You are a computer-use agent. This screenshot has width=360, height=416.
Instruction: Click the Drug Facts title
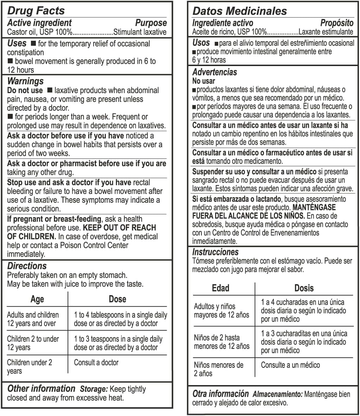click(x=36, y=11)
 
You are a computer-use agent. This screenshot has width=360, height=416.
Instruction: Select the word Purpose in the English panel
click(x=151, y=23)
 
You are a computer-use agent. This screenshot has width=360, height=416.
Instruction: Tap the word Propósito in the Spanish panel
click(x=336, y=23)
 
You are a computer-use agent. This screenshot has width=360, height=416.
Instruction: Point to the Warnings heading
click(x=25, y=81)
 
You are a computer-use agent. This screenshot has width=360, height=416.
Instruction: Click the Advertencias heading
click(x=214, y=72)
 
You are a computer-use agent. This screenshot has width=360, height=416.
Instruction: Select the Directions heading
click(x=27, y=266)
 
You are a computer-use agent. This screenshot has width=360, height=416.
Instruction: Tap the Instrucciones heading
click(x=215, y=252)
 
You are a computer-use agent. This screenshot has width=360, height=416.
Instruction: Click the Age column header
click(x=37, y=299)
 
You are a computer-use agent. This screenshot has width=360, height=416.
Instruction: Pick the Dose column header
click(x=117, y=299)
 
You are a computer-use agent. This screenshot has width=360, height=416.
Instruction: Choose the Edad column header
click(x=220, y=288)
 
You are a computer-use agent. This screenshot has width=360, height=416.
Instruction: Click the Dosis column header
click(x=304, y=288)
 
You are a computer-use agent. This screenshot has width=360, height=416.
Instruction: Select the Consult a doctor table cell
click(x=96, y=363)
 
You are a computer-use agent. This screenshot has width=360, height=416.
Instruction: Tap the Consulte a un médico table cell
click(x=290, y=365)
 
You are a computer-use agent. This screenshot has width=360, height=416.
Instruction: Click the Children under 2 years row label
click(x=30, y=367)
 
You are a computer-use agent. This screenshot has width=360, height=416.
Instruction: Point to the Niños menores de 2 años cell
click(x=218, y=369)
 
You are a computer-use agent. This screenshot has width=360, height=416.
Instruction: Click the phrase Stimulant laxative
click(x=140, y=32)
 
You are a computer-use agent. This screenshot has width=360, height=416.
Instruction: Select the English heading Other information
click(x=41, y=389)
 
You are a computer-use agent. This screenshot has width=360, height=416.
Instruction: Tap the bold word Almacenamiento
click(x=277, y=394)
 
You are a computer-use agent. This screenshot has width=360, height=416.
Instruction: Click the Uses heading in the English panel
click(x=17, y=44)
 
